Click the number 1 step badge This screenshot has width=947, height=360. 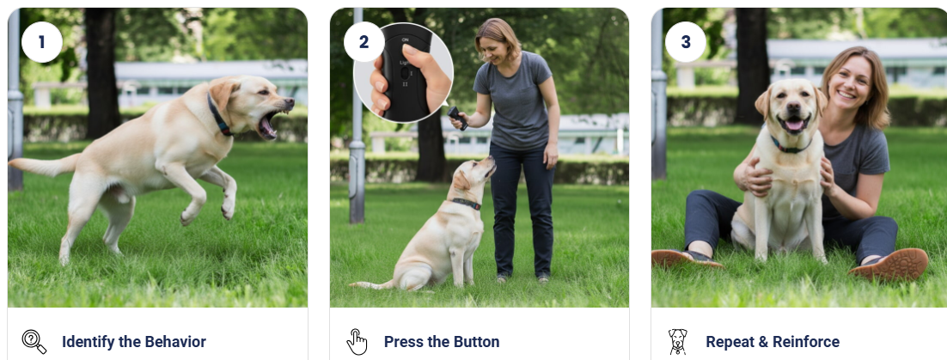(41, 42)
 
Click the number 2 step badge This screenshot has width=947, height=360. (364, 42)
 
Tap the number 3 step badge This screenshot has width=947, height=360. (685, 42)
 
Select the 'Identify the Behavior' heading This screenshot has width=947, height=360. (133, 342)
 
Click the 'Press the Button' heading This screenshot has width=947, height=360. (441, 342)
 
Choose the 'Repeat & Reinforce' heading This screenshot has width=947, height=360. (772, 342)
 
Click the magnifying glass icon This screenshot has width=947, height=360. (34, 342)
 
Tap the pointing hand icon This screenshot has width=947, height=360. (357, 342)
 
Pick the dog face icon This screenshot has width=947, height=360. (678, 342)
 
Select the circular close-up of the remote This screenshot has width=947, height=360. (404, 72)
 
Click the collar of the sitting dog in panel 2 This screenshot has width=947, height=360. (467, 204)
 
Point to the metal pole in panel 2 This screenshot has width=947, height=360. (357, 155)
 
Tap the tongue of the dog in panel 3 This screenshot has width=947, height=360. (791, 125)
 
